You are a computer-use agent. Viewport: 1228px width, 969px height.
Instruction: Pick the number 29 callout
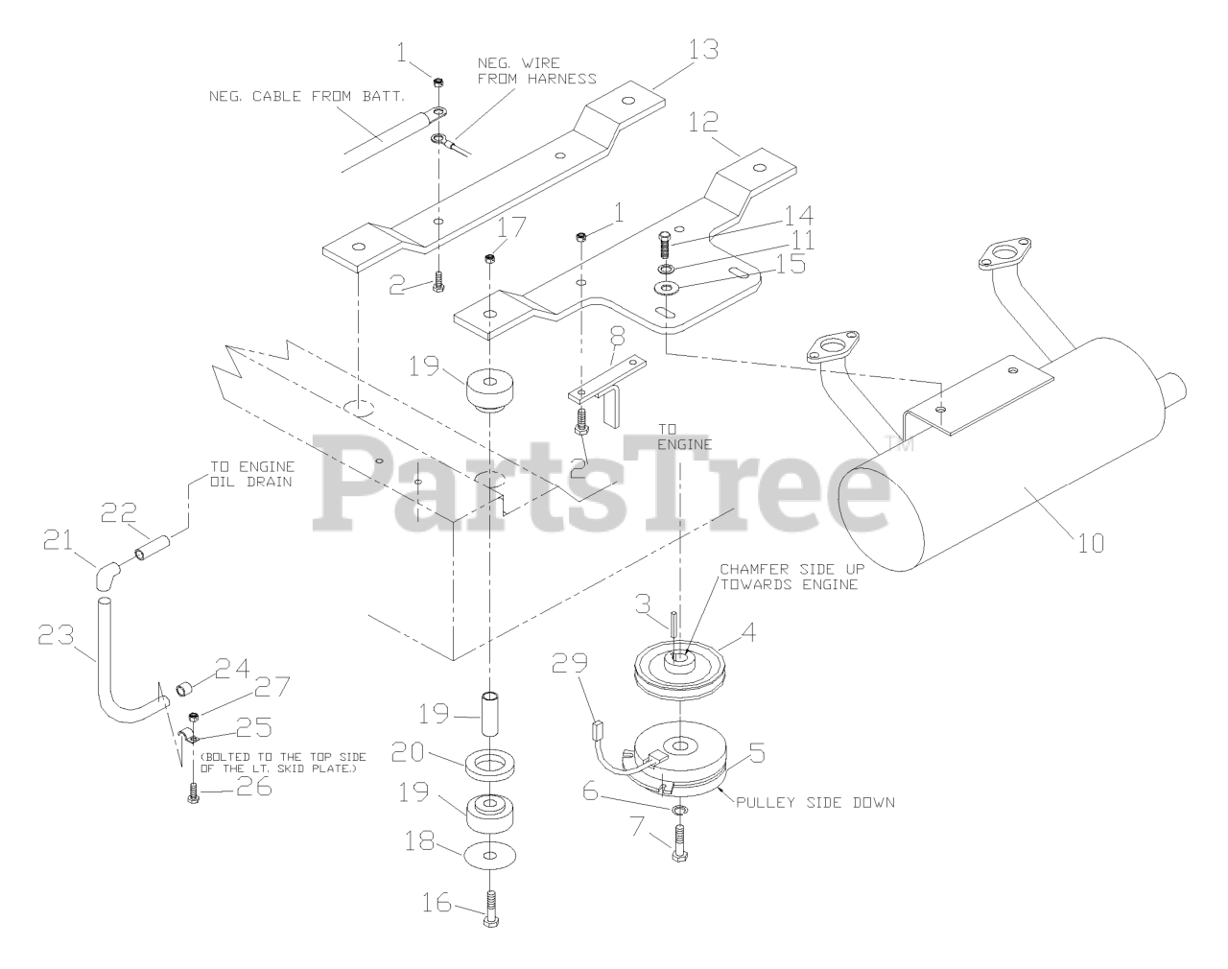(x=565, y=662)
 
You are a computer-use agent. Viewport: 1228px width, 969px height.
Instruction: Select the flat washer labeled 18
(x=490, y=853)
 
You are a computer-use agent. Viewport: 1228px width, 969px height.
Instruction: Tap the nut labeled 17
(x=490, y=256)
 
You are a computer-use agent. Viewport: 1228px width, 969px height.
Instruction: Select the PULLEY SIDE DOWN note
(x=815, y=801)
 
